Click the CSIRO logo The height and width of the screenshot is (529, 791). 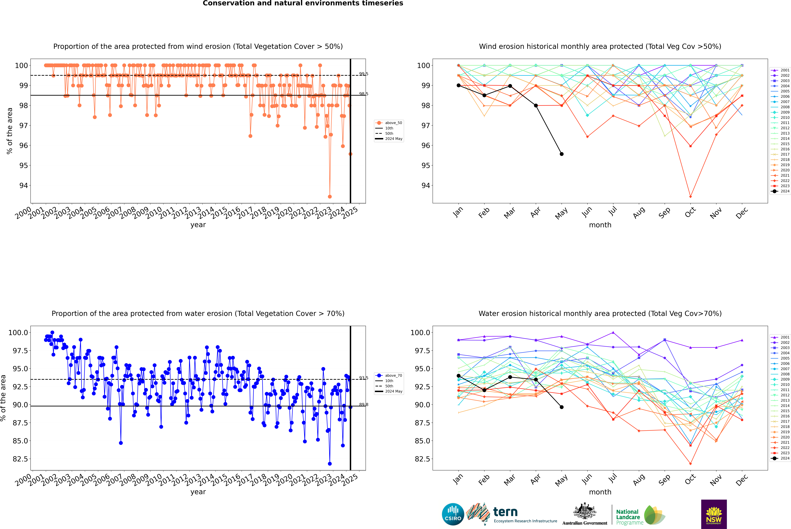[453, 514]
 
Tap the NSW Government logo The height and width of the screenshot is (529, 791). [714, 514]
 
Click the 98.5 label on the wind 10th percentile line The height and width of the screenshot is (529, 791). [363, 94]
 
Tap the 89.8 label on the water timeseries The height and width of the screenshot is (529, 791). [363, 404]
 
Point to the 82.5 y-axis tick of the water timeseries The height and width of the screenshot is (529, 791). [20, 459]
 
